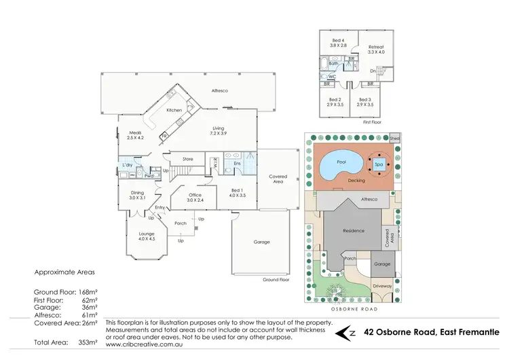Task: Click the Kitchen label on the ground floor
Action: click(174, 109)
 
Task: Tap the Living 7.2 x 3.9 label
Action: click(219, 130)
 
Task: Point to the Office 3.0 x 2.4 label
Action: click(194, 198)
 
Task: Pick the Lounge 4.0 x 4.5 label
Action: click(147, 236)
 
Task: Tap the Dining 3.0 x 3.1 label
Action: click(138, 195)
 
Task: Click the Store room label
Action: click(188, 159)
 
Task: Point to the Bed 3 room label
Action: click(366, 102)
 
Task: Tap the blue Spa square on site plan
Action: click(380, 163)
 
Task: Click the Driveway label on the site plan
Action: click(382, 287)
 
